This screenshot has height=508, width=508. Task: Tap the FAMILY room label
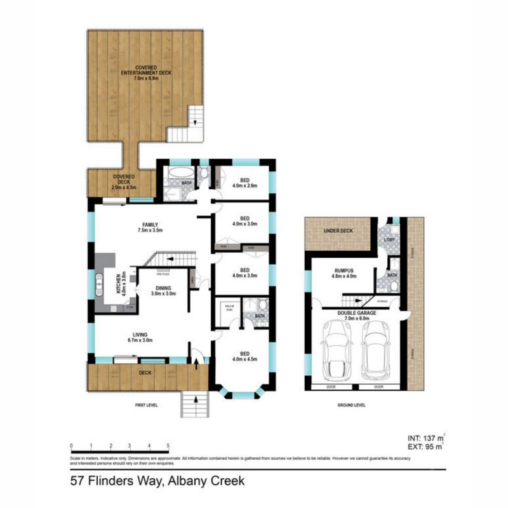point(150,227)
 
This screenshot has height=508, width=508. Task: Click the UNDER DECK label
point(338,231)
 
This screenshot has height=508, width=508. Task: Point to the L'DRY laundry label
point(390,240)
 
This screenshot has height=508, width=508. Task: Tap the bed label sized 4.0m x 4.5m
point(244,357)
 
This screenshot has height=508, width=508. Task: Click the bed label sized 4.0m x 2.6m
point(244,183)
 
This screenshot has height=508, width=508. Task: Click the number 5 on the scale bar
point(168,445)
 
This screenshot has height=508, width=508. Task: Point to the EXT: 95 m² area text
point(422,448)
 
